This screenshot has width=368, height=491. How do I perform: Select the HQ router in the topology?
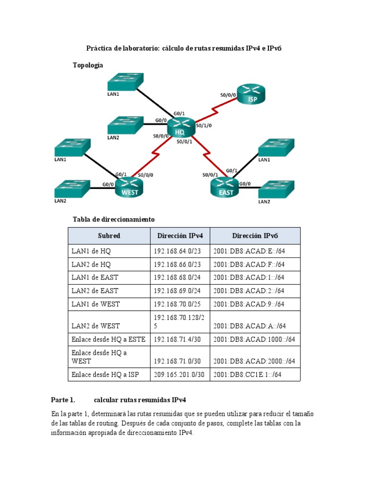[x=180, y=128]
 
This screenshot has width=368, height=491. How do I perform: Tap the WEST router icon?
[x=130, y=187]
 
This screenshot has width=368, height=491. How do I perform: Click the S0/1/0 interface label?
[x=204, y=125]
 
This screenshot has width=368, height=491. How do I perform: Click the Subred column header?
[x=109, y=236]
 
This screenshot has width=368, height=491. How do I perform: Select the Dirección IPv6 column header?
[x=255, y=236]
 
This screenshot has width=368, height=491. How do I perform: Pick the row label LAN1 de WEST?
[x=95, y=304]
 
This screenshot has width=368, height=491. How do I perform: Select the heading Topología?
[x=88, y=65]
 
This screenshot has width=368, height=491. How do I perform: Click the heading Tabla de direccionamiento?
[x=114, y=219]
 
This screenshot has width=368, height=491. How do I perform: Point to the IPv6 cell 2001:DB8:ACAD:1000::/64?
[x=254, y=339]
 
